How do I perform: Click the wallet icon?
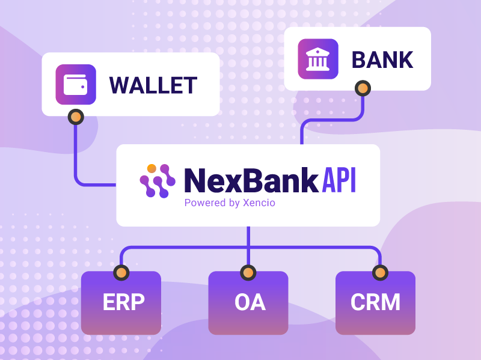(76, 85)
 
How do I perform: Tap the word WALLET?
(153, 85)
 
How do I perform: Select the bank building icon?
(318, 59)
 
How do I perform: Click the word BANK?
(382, 60)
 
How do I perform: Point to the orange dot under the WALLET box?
(76, 117)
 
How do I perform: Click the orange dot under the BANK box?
(362, 89)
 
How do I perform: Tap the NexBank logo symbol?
(157, 181)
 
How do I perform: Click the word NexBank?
(251, 180)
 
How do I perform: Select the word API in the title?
(339, 180)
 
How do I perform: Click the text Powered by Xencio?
(230, 203)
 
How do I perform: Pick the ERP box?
(121, 303)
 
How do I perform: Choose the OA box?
(248, 303)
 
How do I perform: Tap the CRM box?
(375, 303)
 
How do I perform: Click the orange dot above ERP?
(121, 273)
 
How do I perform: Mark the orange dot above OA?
(248, 273)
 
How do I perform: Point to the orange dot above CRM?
(379, 273)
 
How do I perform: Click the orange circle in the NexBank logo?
(152, 168)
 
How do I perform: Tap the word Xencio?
(259, 203)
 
